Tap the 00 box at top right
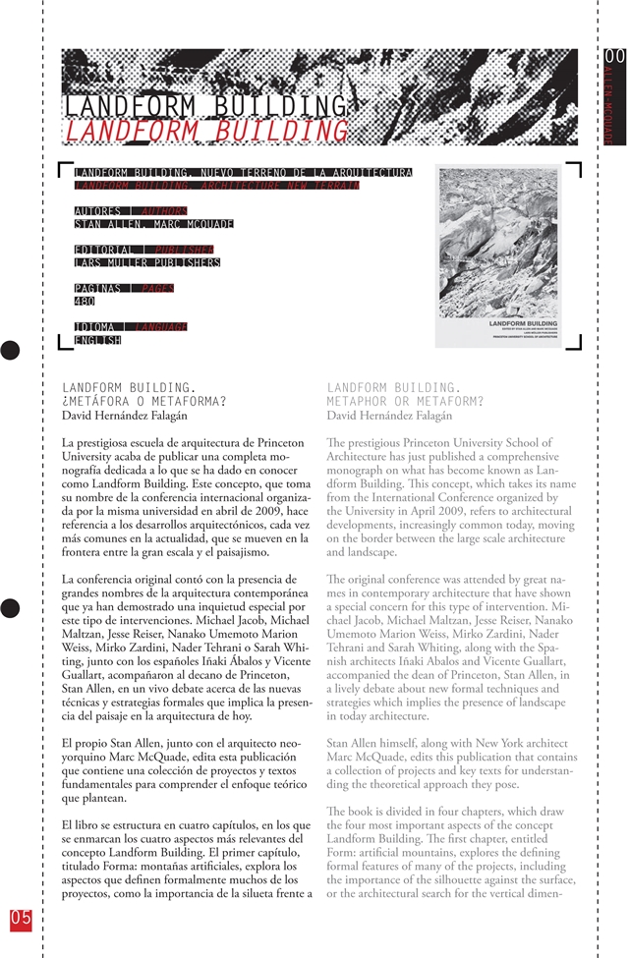tap(614, 57)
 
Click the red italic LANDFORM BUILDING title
tap(206, 132)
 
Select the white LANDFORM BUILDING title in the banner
tap(205, 106)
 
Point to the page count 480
tap(85, 302)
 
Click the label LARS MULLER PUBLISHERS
tap(147, 262)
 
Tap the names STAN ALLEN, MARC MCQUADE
tap(154, 223)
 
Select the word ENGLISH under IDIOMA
tap(98, 340)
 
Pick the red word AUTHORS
tap(164, 210)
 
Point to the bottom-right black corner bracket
tap(576, 342)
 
